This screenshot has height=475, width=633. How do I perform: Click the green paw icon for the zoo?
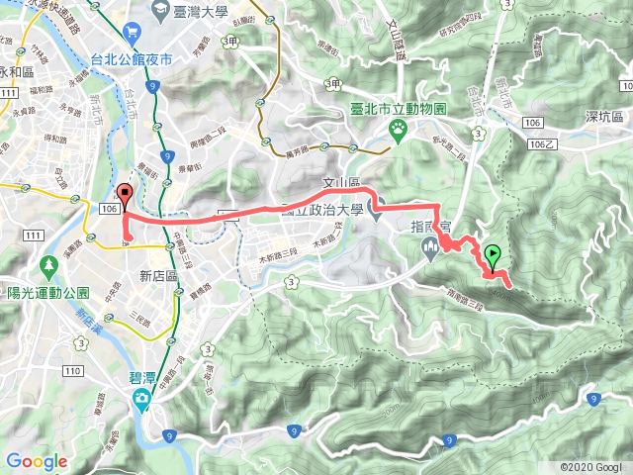coord(398,127)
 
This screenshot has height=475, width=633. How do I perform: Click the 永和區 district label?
coord(17,72)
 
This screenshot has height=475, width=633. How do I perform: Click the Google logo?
coord(37,461)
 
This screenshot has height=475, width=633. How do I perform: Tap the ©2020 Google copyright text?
coord(592,466)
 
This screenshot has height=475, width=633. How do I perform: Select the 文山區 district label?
coord(339,183)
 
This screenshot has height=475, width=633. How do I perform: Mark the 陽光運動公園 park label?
coord(47,293)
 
